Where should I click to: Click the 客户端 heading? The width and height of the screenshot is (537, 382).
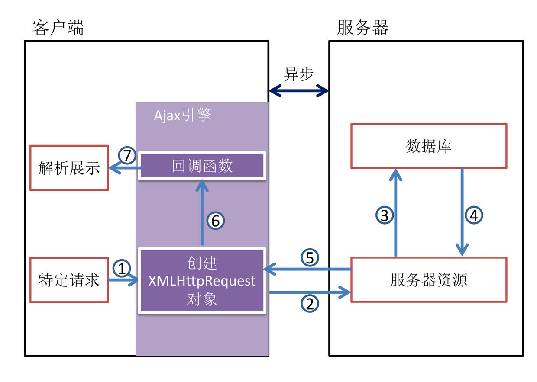[x=58, y=27]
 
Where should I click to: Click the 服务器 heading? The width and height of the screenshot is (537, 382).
[x=363, y=27]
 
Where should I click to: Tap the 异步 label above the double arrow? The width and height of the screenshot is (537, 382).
[x=298, y=74]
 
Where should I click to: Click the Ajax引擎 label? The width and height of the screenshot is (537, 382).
[x=182, y=116]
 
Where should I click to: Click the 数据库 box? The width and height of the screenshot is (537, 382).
[x=428, y=146]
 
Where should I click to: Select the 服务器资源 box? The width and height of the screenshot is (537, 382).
[x=428, y=280]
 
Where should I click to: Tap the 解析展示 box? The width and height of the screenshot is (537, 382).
[x=69, y=168]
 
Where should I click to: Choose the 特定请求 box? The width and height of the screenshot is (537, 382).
[x=69, y=280]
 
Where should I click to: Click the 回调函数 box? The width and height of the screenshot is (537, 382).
[x=202, y=166]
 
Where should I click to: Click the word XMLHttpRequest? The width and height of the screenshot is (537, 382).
[x=202, y=281]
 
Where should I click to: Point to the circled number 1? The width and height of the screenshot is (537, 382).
[x=122, y=269]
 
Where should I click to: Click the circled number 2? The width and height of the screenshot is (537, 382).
[x=309, y=304]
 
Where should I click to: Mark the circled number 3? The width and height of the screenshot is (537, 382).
[x=384, y=215]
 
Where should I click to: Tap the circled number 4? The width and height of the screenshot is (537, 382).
[x=474, y=215]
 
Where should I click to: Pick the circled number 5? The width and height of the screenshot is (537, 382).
[x=309, y=258]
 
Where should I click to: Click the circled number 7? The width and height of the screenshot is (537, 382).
[x=127, y=156]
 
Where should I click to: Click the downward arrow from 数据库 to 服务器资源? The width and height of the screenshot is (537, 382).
[x=462, y=212]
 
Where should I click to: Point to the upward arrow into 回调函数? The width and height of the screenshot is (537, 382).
[x=202, y=212]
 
